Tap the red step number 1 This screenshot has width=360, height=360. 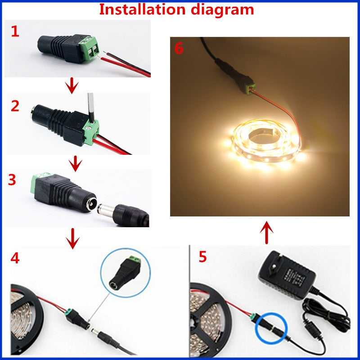click(15, 32)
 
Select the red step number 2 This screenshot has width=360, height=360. click(15, 106)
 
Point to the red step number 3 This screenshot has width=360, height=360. click(12, 180)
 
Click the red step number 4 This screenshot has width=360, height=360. click(15, 259)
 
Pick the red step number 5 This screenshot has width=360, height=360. click(202, 257)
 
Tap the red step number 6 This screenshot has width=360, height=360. click(179, 49)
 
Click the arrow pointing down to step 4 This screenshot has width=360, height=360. click(72, 238)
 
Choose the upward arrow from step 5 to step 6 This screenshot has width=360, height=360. click(267, 232)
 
